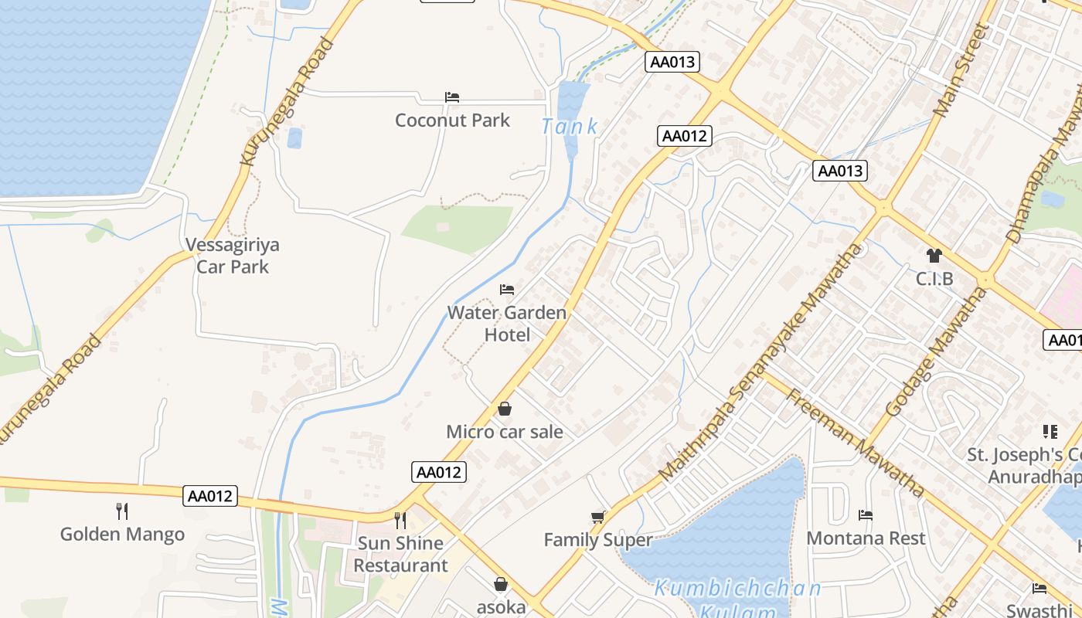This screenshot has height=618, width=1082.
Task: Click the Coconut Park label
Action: click(x=452, y=121)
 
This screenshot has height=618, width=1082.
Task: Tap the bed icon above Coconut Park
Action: click(x=452, y=97)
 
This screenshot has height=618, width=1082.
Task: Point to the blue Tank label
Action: click(x=570, y=127)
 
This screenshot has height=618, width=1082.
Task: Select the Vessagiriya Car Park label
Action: click(x=233, y=256)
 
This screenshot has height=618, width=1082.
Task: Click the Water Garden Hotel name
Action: click(x=507, y=324)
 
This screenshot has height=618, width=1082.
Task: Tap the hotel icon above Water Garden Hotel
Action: click(x=507, y=290)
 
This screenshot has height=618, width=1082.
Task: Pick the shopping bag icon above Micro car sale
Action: click(x=505, y=409)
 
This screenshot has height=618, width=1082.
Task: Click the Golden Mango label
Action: click(x=122, y=534)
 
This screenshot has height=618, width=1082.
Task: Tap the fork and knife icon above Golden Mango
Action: click(x=122, y=511)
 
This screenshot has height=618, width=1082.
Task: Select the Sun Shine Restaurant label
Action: click(x=400, y=554)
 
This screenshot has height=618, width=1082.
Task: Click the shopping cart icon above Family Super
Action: click(x=598, y=517)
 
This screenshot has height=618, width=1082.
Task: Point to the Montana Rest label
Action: click(x=866, y=538)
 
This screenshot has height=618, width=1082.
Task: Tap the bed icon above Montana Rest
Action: click(x=866, y=515)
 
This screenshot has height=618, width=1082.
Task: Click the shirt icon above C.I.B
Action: click(x=934, y=256)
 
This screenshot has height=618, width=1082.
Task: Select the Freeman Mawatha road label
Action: click(x=855, y=443)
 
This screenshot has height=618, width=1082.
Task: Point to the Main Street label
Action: click(x=961, y=70)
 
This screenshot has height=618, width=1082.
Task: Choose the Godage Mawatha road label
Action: click(x=936, y=351)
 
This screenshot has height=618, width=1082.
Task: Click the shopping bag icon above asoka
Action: click(x=501, y=584)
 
